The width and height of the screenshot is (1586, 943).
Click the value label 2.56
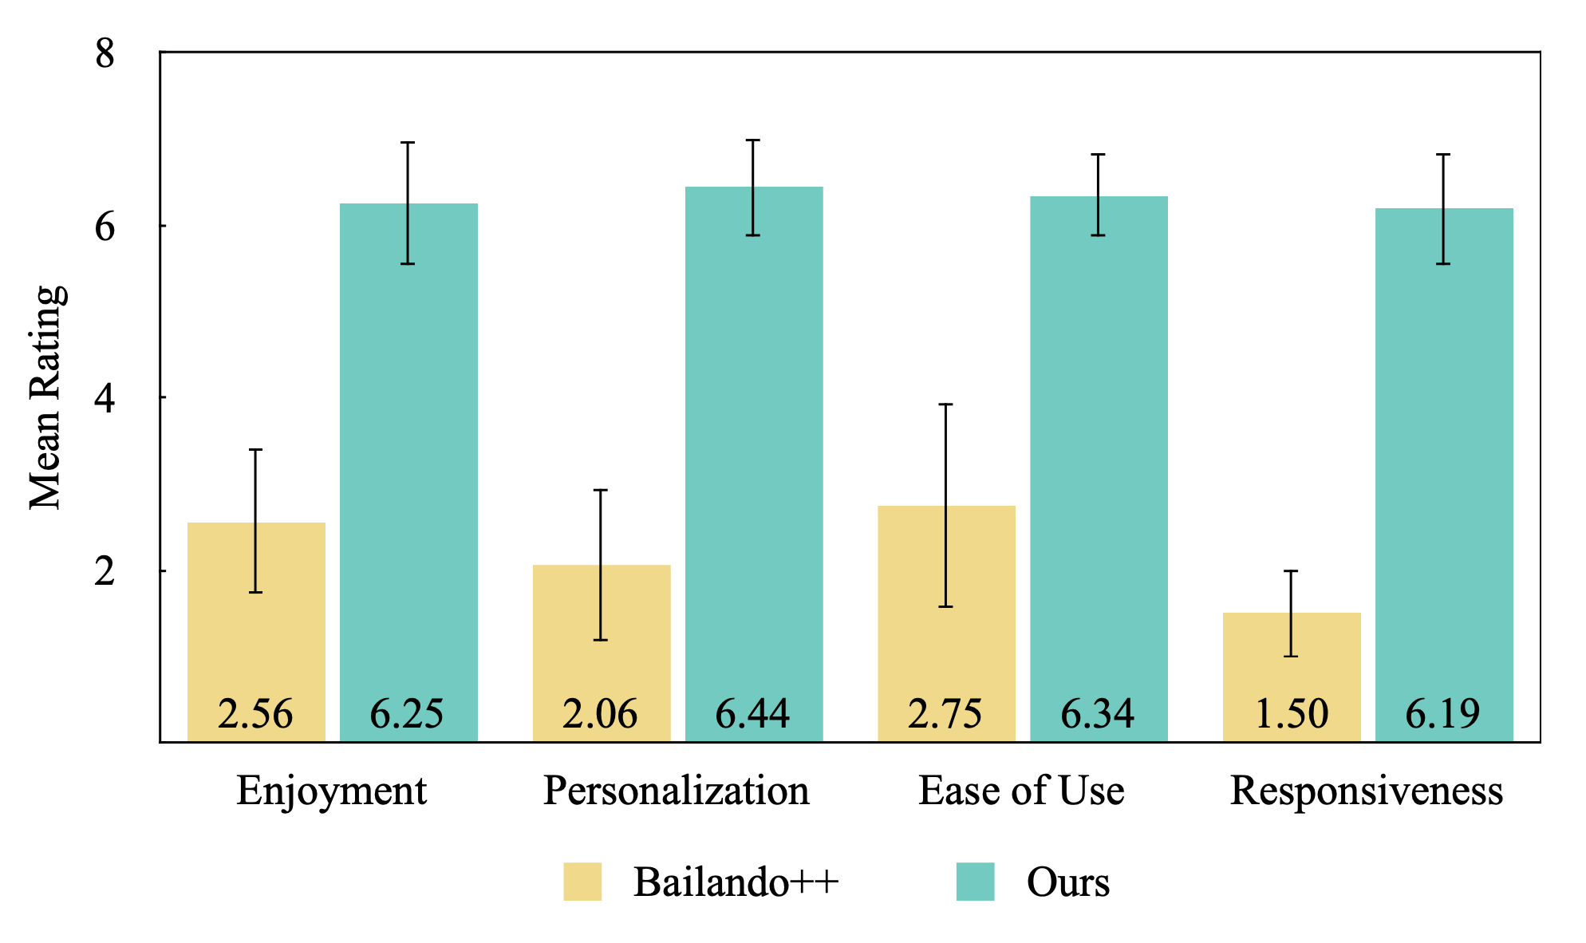pos(256,713)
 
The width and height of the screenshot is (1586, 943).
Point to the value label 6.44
pos(753,713)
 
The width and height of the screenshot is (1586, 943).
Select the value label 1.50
pos(1292,713)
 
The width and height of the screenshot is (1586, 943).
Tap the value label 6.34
pos(1098,713)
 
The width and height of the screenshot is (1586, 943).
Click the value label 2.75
pos(945,713)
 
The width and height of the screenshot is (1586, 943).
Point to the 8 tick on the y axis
pos(105,53)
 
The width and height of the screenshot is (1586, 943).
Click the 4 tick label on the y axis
pos(105,398)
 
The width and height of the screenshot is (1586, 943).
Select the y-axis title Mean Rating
pos(46,397)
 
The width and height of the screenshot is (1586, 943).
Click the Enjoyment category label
pos(332,791)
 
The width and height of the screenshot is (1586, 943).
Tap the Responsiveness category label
pos(1367,791)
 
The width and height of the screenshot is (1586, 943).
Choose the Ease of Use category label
pos(1021,791)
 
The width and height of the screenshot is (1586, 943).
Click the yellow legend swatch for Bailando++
pos(582,882)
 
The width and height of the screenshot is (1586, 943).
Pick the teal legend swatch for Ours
pos(975,882)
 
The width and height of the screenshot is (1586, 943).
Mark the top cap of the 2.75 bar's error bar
pos(946,405)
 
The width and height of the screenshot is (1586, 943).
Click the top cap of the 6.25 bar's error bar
pos(408,143)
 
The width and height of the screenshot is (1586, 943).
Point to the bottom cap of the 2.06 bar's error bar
pos(601,640)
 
